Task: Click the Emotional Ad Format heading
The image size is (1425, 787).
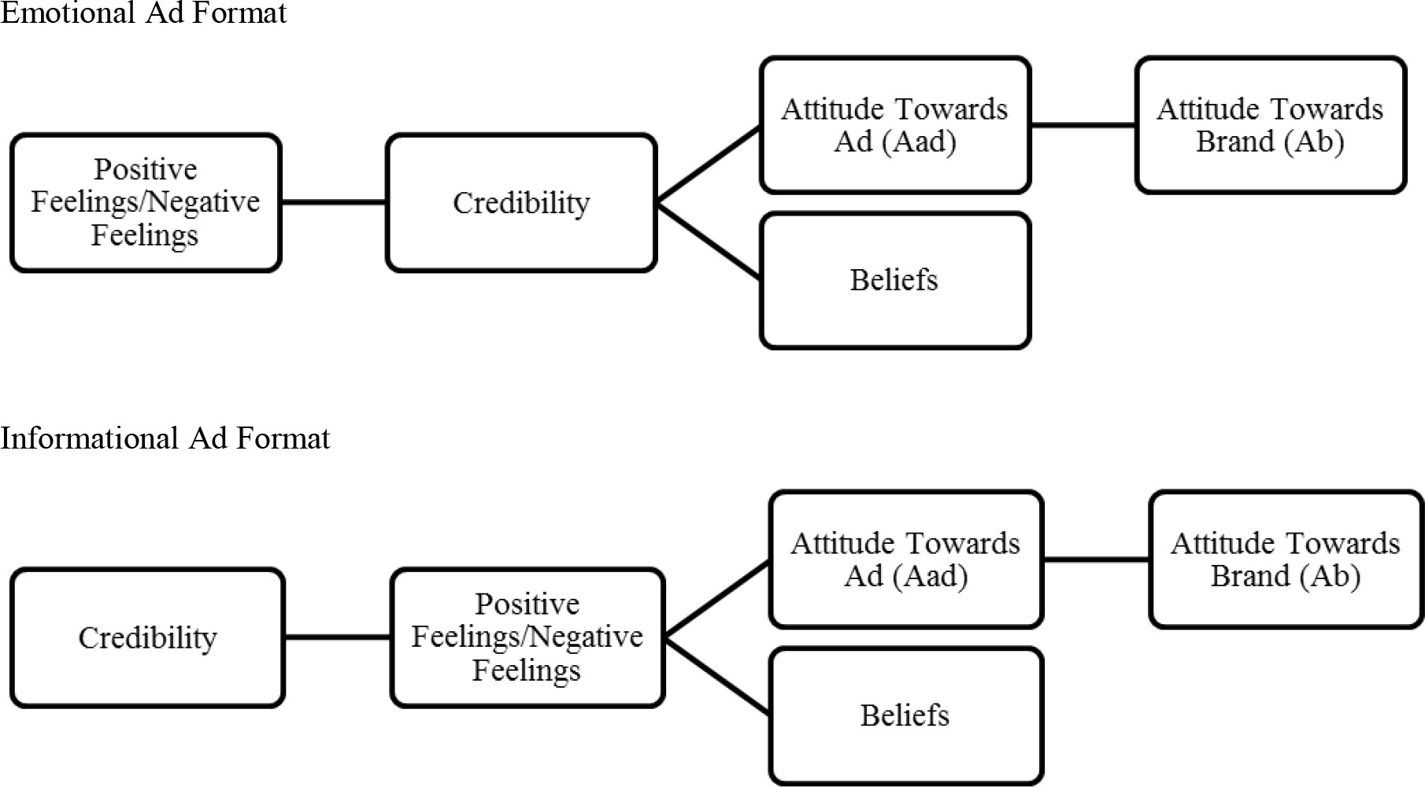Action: pyautogui.click(x=143, y=13)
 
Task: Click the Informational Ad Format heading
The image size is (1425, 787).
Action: pyautogui.click(x=165, y=438)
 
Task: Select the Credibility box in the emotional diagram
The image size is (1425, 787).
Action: pyautogui.click(x=521, y=203)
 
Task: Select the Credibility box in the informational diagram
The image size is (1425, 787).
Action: pyautogui.click(x=147, y=637)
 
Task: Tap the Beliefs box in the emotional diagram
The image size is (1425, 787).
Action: pyautogui.click(x=895, y=280)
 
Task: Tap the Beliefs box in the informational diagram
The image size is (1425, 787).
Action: pyautogui.click(x=905, y=715)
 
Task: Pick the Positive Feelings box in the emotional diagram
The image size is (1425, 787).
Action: pyautogui.click(x=146, y=202)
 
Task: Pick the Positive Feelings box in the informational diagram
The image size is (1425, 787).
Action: pyautogui.click(x=527, y=637)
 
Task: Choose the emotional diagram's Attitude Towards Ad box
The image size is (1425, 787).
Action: pyautogui.click(x=895, y=124)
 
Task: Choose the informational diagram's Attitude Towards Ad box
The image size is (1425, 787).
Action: pyautogui.click(x=905, y=560)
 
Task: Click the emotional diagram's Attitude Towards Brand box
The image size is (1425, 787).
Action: pyautogui.click(x=1270, y=124)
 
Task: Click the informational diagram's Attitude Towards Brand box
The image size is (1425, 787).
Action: pyautogui.click(x=1286, y=560)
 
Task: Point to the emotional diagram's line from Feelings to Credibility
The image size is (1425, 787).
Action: pyautogui.click(x=334, y=202)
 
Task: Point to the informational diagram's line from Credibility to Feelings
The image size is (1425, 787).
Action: pyautogui.click(x=338, y=637)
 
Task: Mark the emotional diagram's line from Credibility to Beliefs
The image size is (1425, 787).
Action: pyautogui.click(x=709, y=242)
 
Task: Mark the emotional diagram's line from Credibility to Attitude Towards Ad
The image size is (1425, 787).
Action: pyautogui.click(x=709, y=164)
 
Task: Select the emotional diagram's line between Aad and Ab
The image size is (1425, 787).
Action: pyautogui.click(x=1083, y=125)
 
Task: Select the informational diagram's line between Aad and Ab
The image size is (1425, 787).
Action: pyautogui.click(x=1096, y=560)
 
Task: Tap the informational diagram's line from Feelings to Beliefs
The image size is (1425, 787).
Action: pyautogui.click(x=717, y=676)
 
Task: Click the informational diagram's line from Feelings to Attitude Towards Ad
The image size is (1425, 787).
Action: pyautogui.click(x=717, y=599)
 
